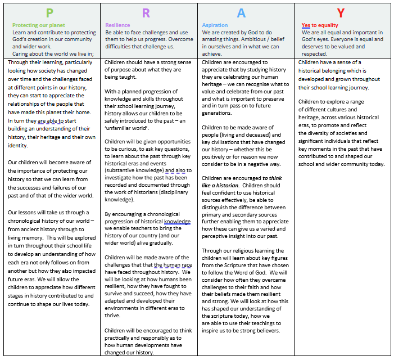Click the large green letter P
coord(49,13)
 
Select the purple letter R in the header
coord(146,13)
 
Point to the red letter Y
coord(341,13)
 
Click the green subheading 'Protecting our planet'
coord(39,25)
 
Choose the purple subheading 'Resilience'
coord(117,25)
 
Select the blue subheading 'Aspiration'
coord(215,25)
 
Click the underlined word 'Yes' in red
coord(306,25)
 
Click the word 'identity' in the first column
coord(19,145)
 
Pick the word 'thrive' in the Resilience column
coord(114,315)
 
